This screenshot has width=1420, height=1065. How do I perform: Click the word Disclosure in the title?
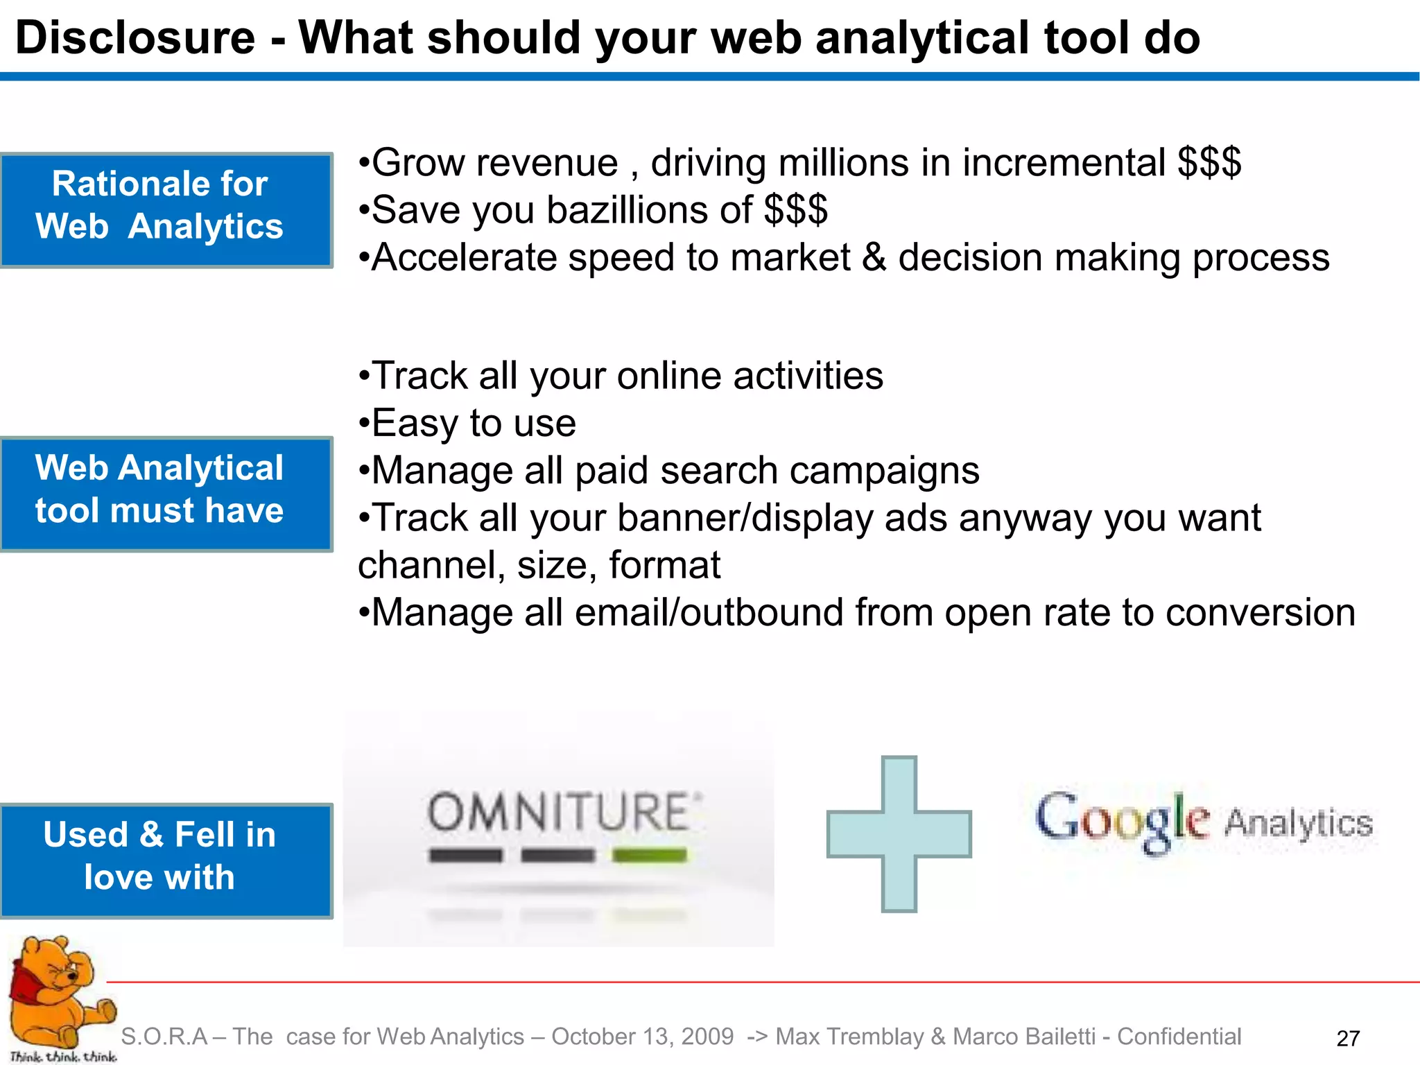pyautogui.click(x=135, y=37)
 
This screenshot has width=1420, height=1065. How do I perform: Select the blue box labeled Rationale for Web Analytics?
pyautogui.click(x=166, y=209)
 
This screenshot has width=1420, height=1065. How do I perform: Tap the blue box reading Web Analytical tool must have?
pyautogui.click(x=166, y=493)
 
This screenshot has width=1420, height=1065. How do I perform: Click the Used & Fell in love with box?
pyautogui.click(x=166, y=860)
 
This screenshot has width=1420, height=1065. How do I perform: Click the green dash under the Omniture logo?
pyautogui.click(x=649, y=856)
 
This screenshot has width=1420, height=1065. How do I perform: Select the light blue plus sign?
pyautogui.click(x=899, y=833)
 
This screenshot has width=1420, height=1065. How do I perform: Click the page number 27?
pyautogui.click(x=1347, y=1038)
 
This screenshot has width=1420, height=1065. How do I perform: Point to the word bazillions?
pyautogui.click(x=648, y=210)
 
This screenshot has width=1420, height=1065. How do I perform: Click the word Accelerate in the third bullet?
pyautogui.click(x=464, y=258)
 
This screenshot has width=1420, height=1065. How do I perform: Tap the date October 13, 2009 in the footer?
pyautogui.click(x=642, y=1037)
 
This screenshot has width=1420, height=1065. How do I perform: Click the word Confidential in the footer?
pyautogui.click(x=1179, y=1037)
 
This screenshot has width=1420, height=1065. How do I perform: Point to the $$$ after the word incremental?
pyautogui.click(x=1209, y=163)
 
